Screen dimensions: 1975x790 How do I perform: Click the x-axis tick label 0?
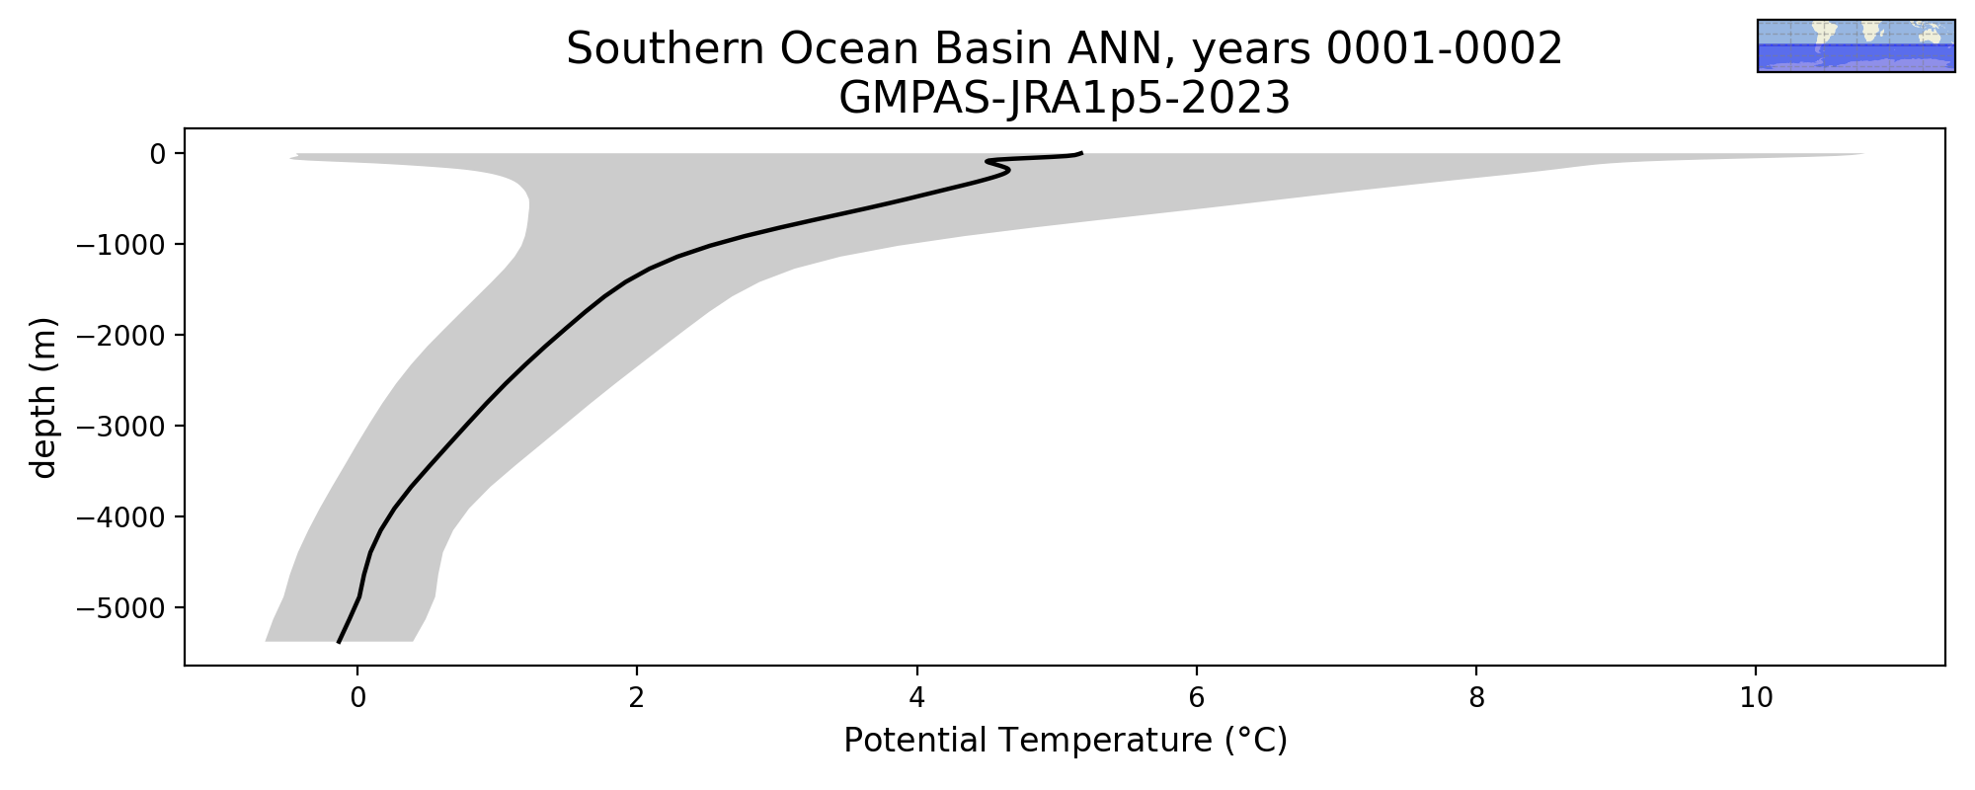coord(357,698)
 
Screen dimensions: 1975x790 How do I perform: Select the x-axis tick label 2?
coord(637,698)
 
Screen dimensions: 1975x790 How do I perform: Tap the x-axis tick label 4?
coord(917,698)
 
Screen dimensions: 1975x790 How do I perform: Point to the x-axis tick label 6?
coord(1197,698)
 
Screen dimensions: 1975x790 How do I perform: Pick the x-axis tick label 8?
coord(1476,698)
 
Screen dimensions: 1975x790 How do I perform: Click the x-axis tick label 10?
coord(1756,698)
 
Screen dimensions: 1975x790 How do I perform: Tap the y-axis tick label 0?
coord(157,153)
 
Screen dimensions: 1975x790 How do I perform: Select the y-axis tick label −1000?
coord(120,244)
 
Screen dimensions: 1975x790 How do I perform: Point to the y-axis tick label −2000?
coord(120,335)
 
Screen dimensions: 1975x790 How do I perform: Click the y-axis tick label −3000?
coord(120,426)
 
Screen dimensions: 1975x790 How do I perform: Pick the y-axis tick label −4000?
coord(120,516)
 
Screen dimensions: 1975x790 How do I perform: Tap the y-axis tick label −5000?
coord(120,607)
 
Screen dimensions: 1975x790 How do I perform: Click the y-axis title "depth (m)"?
coord(44,397)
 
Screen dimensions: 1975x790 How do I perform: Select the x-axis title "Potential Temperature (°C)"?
coord(1066,741)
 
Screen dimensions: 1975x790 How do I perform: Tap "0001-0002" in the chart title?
coord(1444,49)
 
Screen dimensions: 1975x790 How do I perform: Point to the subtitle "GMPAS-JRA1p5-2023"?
coord(1065,99)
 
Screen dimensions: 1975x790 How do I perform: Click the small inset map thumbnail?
coord(1856,45)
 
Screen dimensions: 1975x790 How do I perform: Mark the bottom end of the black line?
coord(339,642)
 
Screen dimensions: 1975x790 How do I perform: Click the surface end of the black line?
coord(1081,153)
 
